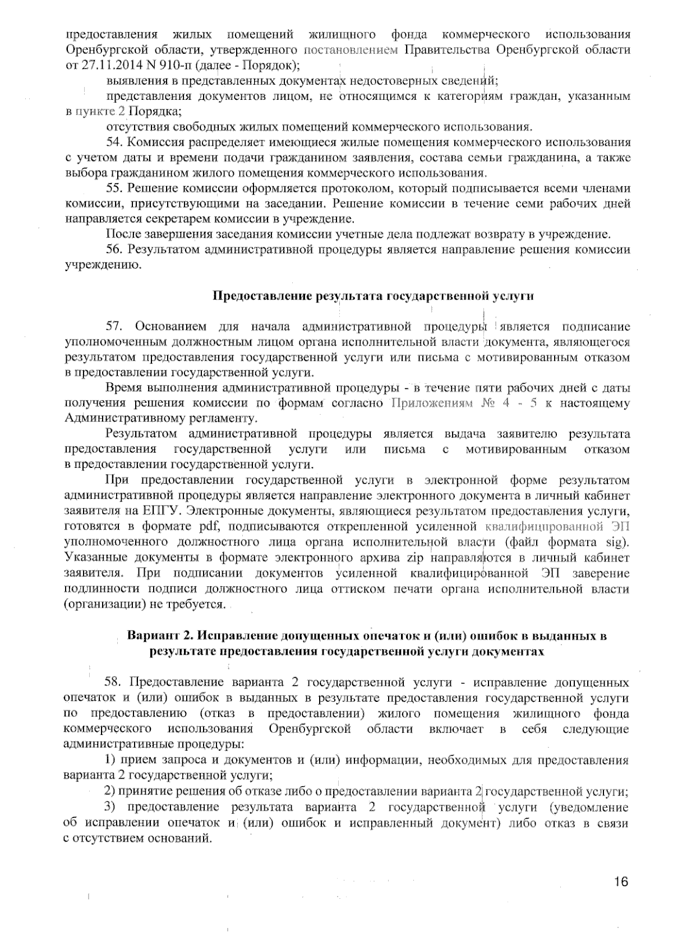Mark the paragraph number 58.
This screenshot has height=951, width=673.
114,682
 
